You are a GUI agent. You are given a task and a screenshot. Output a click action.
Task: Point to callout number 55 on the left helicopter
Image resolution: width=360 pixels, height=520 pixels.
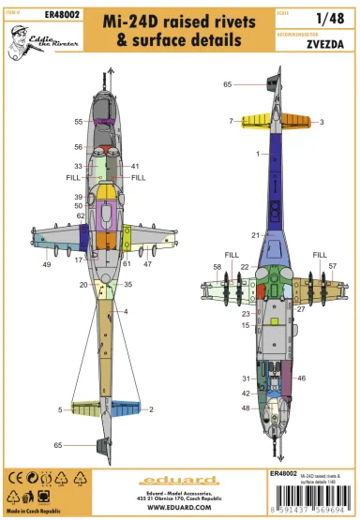point(79,122)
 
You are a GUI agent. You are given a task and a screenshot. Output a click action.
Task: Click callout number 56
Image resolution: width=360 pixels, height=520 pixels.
point(79,147)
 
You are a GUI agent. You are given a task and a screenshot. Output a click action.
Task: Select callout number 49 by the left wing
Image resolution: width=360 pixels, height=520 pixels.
point(46,265)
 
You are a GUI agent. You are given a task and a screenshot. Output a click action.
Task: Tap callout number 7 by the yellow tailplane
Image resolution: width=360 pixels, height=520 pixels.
point(231,121)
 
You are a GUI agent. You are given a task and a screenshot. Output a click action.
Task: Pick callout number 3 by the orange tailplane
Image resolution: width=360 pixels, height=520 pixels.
point(322,122)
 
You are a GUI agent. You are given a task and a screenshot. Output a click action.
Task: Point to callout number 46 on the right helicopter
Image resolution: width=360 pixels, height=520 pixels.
point(301,378)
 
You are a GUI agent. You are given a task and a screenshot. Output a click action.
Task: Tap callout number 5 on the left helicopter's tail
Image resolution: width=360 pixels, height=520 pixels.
point(60,409)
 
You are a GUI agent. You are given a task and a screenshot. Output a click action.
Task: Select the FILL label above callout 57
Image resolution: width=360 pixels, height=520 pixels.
point(320,254)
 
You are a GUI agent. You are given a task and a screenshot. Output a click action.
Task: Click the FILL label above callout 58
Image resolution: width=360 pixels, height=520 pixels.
point(232,254)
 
